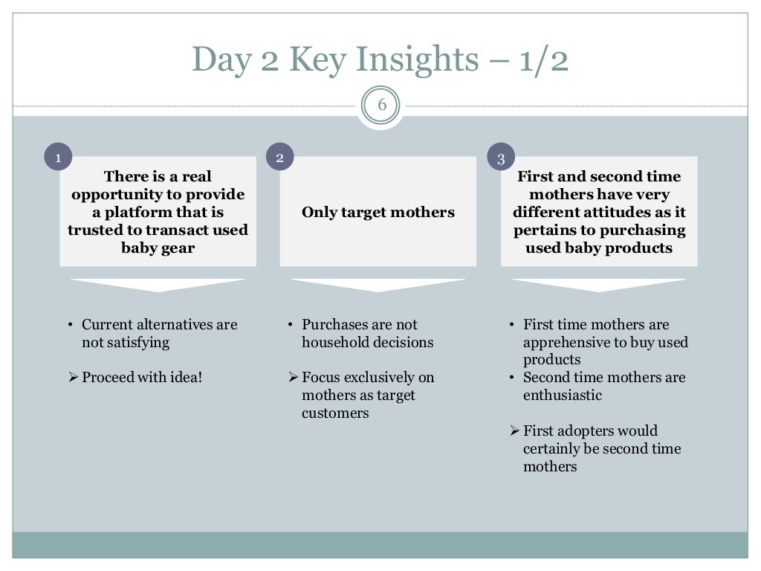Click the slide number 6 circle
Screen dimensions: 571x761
click(x=381, y=105)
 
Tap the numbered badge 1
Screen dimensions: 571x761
click(x=58, y=157)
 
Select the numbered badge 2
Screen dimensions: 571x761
click(x=279, y=157)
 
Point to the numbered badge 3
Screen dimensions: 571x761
click(x=501, y=158)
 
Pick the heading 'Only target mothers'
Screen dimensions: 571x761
click(x=378, y=213)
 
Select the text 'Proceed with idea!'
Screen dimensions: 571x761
click(x=142, y=378)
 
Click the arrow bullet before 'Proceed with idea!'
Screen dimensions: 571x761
click(x=73, y=378)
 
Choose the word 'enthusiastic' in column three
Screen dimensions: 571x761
click(x=563, y=396)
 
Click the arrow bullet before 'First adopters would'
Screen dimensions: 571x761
click(x=514, y=431)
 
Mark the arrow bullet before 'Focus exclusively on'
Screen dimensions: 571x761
click(x=293, y=378)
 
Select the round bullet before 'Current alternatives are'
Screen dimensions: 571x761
click(x=70, y=325)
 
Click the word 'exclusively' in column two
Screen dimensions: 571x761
click(x=378, y=378)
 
